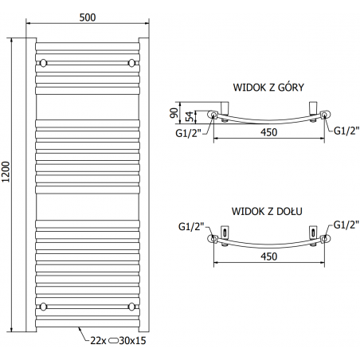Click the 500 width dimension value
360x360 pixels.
(x=88, y=18)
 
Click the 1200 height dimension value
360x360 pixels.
(x=6, y=172)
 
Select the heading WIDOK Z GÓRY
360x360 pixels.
(x=268, y=87)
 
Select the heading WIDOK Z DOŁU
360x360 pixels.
(x=267, y=211)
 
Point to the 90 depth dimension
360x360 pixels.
(x=174, y=113)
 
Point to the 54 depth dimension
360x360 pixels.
(x=190, y=116)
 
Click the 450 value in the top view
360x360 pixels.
(x=268, y=132)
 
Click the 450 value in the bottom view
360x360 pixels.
(x=268, y=256)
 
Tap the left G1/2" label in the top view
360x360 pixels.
(x=189, y=133)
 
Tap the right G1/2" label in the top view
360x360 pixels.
(x=346, y=131)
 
